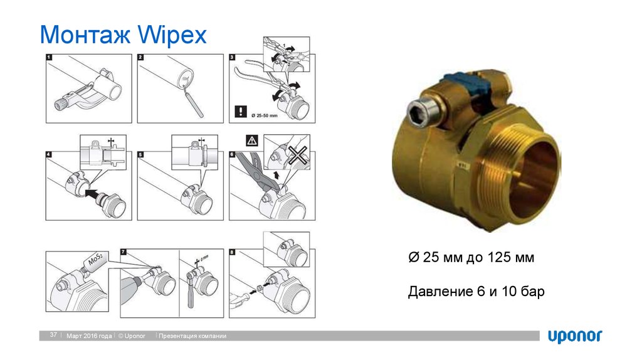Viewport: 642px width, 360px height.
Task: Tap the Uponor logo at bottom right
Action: tap(575, 336)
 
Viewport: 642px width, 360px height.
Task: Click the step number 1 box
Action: tap(50, 58)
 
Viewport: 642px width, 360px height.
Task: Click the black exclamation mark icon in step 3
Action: tap(241, 113)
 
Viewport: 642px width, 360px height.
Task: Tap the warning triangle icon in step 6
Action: tap(251, 140)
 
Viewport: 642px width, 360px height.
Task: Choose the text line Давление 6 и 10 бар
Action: tap(476, 292)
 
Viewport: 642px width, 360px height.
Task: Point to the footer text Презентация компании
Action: tap(192, 337)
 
